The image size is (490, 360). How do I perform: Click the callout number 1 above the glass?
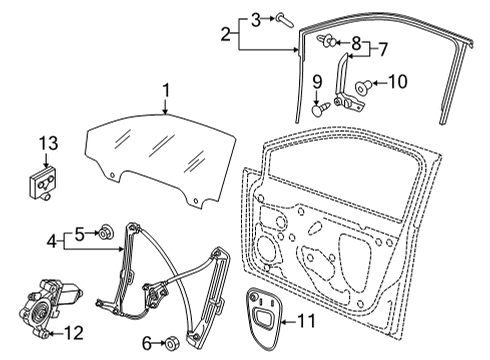coord(166,91)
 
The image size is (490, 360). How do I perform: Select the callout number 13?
coord(48,143)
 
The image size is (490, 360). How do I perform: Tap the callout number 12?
coord(73,332)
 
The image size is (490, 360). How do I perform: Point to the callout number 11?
coord(306,321)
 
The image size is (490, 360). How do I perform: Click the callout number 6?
coord(147,343)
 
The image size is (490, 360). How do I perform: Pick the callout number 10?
coord(397,82)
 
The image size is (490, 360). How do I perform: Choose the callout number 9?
coord(317,82)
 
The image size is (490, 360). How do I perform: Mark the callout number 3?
coord(256,20)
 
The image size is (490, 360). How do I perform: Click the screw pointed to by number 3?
coord(285,20)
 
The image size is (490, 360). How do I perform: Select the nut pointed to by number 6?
coord(172,342)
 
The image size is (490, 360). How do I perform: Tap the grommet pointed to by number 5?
coord(107,232)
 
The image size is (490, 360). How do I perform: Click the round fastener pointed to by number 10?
coord(362,86)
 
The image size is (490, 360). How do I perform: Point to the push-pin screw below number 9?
coord(321,108)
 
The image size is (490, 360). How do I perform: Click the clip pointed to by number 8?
coord(327,41)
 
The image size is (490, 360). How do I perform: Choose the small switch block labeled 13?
coord(43,184)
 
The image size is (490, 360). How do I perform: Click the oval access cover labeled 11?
coord(265,318)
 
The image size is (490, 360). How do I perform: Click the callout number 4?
coord(52,241)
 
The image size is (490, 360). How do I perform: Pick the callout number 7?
coord(383,50)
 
